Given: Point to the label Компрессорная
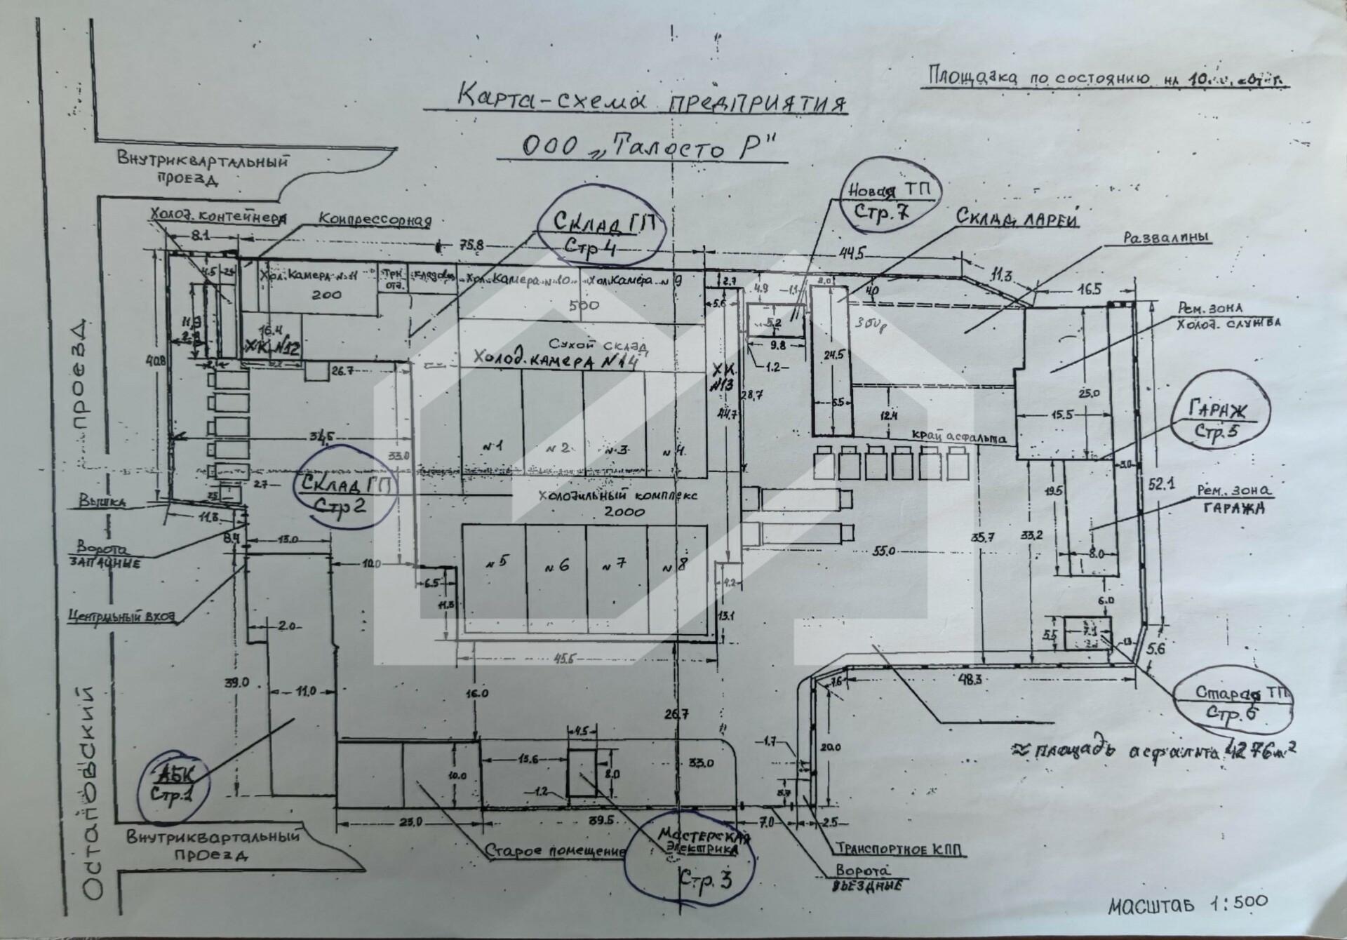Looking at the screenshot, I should pyautogui.click(x=375, y=220).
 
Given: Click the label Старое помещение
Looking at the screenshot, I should pyautogui.click(x=554, y=852).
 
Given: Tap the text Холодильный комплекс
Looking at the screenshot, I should pyautogui.click(x=617, y=495).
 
